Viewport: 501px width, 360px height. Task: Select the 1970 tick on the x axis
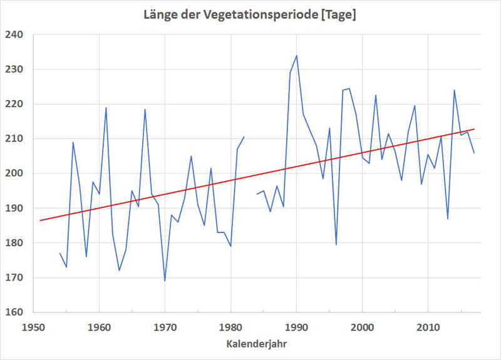165,326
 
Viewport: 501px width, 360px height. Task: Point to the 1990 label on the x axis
296,326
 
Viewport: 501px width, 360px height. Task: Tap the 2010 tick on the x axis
428,326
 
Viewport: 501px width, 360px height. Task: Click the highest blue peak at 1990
296,56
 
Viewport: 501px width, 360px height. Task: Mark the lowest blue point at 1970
165,280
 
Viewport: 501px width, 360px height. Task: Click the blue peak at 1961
106,108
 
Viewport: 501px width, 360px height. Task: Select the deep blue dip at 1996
336,245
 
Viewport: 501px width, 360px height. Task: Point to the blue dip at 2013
448,219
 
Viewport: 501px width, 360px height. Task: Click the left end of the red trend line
40,220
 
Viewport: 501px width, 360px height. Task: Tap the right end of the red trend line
474,129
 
